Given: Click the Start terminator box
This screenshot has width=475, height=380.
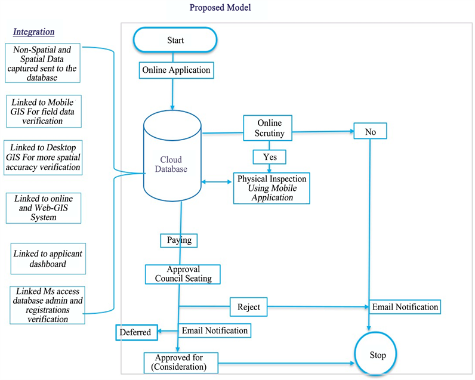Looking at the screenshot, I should click(175, 41).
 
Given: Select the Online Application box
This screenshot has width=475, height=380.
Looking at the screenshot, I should click(176, 70).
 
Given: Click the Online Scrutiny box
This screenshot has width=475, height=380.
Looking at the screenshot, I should click(268, 128).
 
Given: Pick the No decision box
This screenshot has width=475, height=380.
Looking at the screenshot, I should click(369, 131).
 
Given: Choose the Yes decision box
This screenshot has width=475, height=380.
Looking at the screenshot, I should click(269, 156).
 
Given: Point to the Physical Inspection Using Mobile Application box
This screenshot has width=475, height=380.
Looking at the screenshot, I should click(272, 188).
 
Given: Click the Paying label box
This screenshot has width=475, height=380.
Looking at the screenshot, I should click(178, 240).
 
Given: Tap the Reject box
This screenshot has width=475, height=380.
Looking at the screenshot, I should click(249, 307).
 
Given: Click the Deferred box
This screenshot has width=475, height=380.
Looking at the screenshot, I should click(135, 332).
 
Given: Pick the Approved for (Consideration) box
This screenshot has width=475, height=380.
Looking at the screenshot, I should click(181, 362).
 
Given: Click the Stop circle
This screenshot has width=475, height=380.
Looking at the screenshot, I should click(377, 356).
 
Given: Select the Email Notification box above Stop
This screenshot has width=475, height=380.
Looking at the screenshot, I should click(405, 307).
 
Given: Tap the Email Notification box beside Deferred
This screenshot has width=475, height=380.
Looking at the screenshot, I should click(214, 330).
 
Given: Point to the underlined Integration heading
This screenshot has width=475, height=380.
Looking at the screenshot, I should click(34, 31).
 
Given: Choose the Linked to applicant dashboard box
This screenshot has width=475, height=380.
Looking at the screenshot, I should click(48, 258).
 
